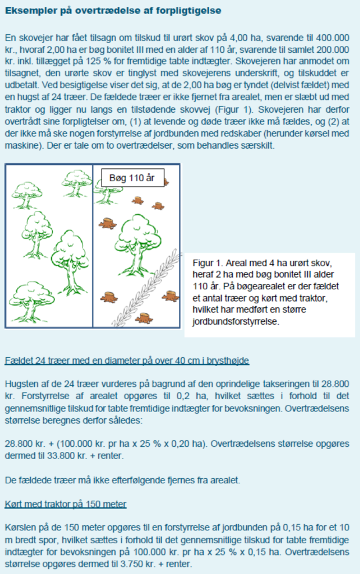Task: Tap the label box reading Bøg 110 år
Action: [132, 178]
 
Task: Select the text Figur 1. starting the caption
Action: [207, 263]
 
